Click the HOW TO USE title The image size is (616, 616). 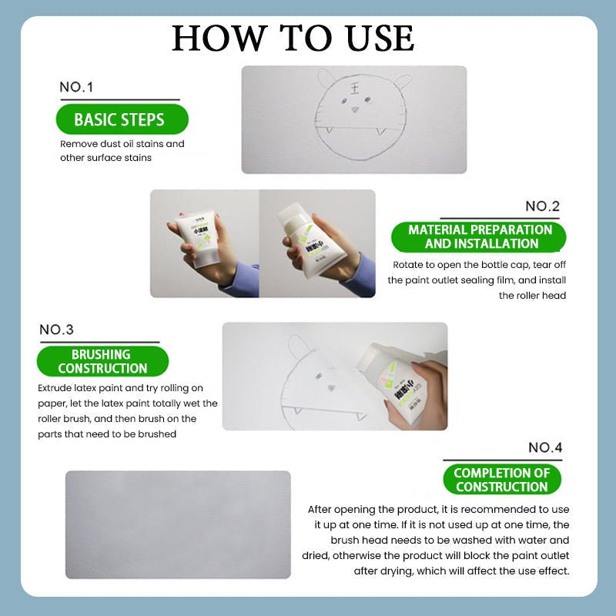(x=293, y=38)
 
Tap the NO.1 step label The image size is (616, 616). (x=76, y=87)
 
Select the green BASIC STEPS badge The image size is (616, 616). (x=119, y=119)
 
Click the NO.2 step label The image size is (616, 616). (x=543, y=206)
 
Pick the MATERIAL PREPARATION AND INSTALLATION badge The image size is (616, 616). (x=480, y=236)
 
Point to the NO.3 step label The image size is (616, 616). (x=56, y=330)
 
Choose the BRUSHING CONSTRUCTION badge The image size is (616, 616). (x=101, y=361)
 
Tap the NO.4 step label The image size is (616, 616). (x=545, y=447)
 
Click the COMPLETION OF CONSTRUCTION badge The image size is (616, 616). (x=502, y=480)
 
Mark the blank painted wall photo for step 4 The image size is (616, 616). (x=178, y=524)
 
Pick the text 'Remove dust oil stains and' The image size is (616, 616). (x=122, y=144)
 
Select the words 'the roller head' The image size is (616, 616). (x=532, y=295)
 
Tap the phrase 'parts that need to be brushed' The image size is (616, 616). (x=107, y=434)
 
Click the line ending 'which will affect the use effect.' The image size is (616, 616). (x=461, y=571)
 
